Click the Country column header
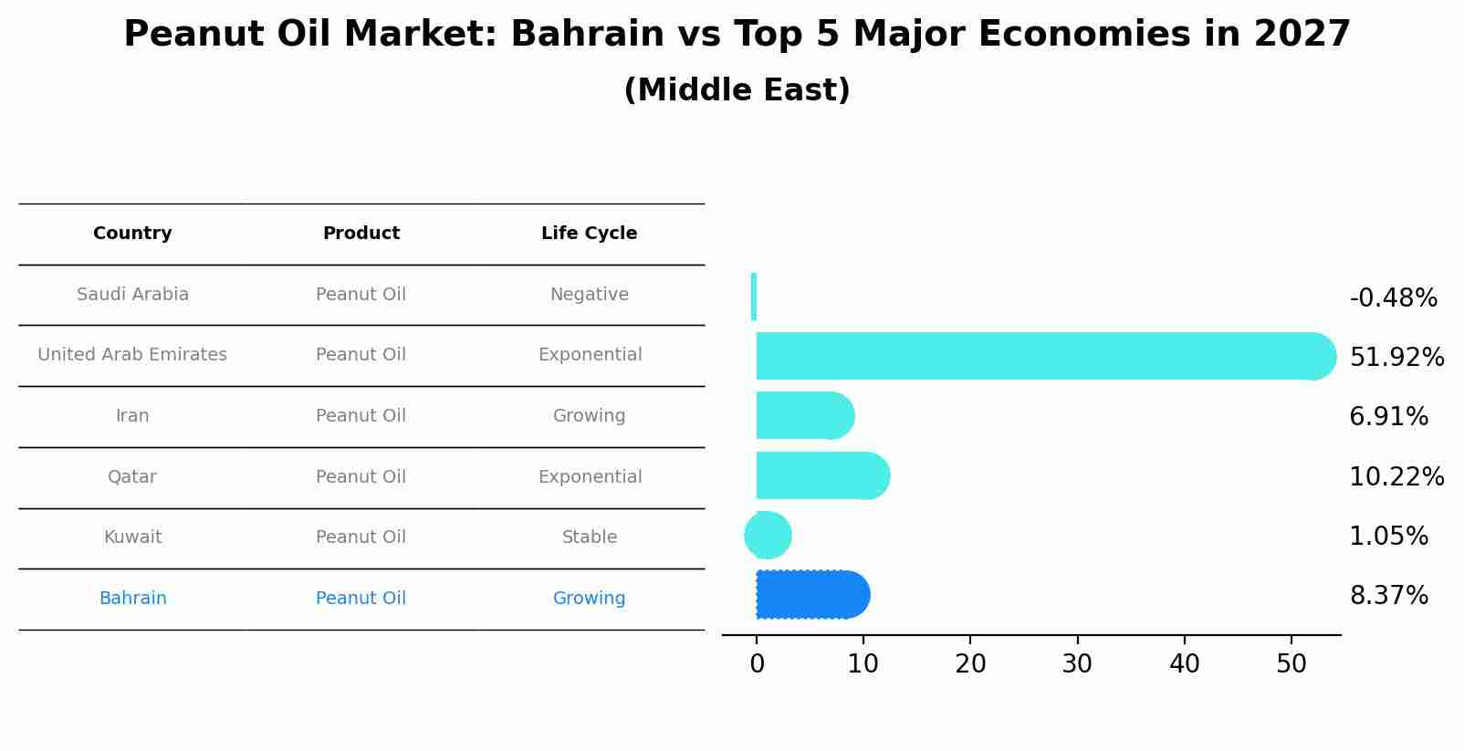pyautogui.click(x=132, y=234)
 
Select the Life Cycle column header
pyautogui.click(x=589, y=234)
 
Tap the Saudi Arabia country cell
pyautogui.click(x=132, y=295)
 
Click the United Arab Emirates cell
pyautogui.click(x=132, y=355)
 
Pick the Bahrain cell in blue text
pyautogui.click(x=132, y=599)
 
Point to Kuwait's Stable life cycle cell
pyautogui.click(x=589, y=537)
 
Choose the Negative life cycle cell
pyautogui.click(x=589, y=295)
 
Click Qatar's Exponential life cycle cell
pyautogui.click(x=589, y=477)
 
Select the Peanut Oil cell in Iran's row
pyautogui.click(x=361, y=416)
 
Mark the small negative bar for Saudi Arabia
pyautogui.click(x=754, y=297)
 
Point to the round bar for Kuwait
pyautogui.click(x=768, y=536)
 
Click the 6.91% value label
pyautogui.click(x=1388, y=417)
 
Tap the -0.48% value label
pyautogui.click(x=1393, y=298)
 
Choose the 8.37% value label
pyautogui.click(x=1388, y=596)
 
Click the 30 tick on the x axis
pyautogui.click(x=1077, y=664)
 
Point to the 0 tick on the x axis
pyautogui.click(x=757, y=664)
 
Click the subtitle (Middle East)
pyautogui.click(x=737, y=90)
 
